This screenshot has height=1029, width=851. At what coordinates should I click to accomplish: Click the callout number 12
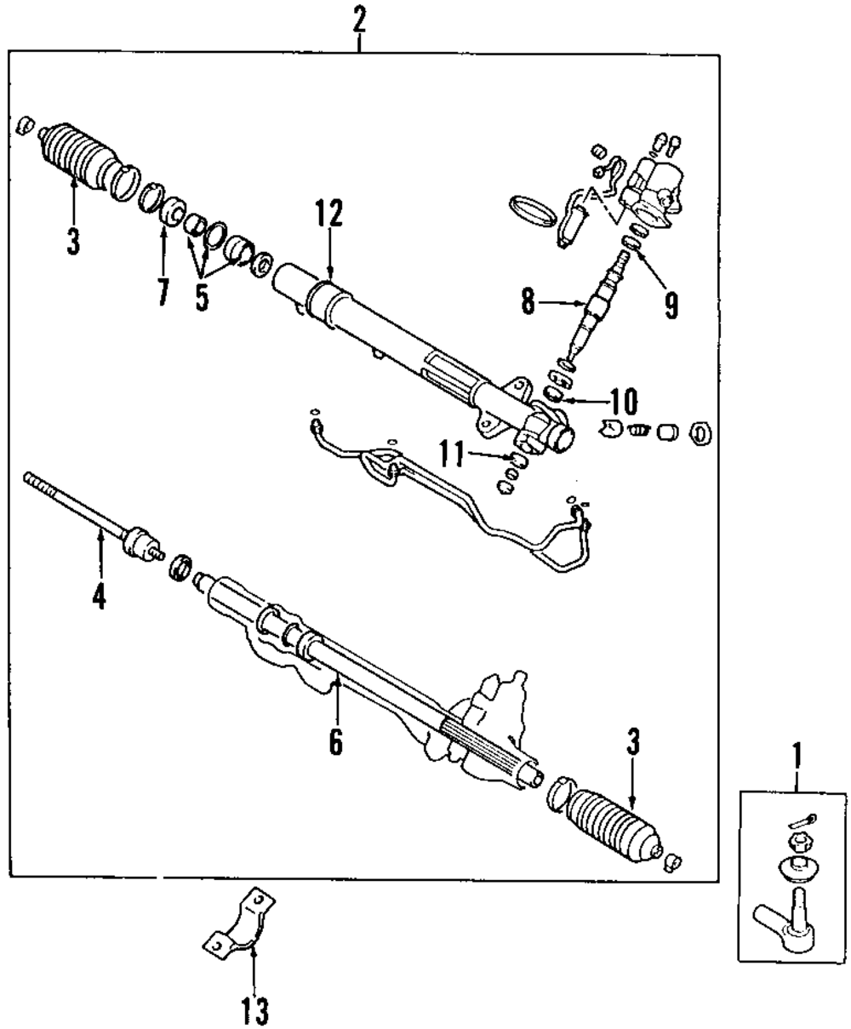[328, 214]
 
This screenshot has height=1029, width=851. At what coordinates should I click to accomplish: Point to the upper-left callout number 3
[73, 241]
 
